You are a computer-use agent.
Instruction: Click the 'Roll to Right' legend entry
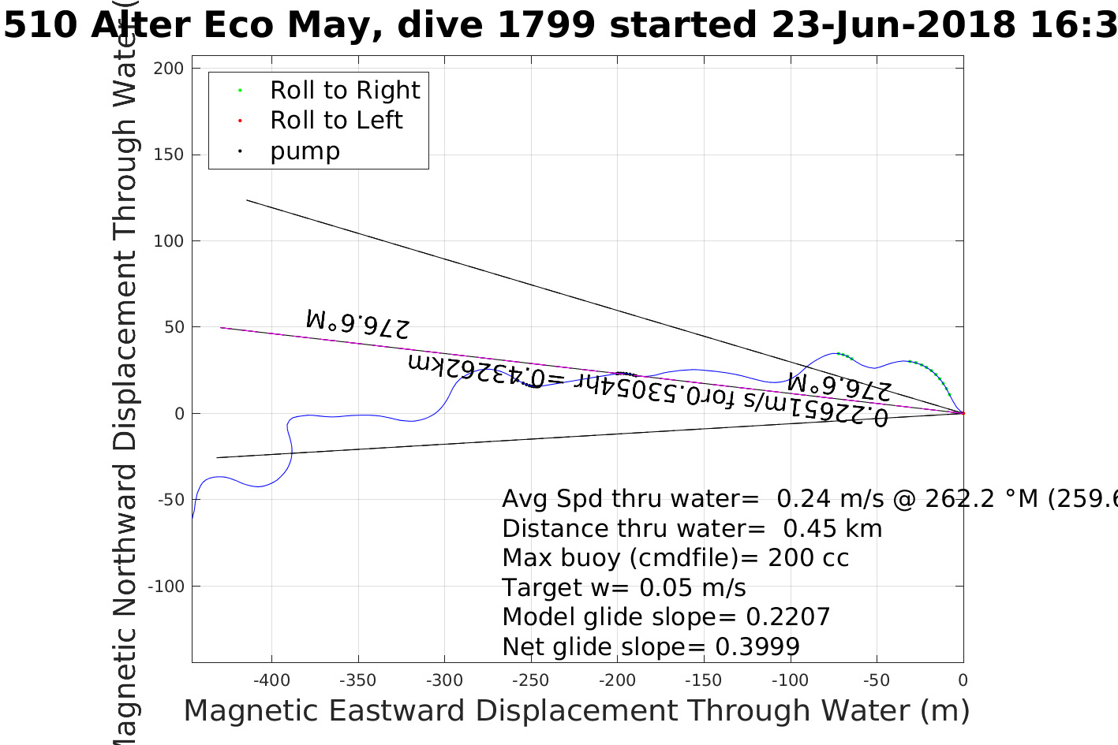(345, 91)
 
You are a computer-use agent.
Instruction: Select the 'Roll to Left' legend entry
(336, 121)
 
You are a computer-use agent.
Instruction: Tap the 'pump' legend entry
(305, 151)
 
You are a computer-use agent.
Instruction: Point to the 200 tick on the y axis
(169, 69)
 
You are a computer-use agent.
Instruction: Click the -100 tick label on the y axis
(165, 587)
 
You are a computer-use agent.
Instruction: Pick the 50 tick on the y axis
(174, 327)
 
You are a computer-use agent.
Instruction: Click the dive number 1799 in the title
(546, 25)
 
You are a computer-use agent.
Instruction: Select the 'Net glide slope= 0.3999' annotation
(651, 647)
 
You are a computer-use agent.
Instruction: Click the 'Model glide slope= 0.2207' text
(666, 617)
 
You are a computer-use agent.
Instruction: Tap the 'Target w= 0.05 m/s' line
(623, 588)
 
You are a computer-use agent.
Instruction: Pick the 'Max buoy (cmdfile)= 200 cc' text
(675, 558)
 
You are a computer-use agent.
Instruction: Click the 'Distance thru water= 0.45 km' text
(692, 529)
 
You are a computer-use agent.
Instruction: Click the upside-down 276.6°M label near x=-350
(357, 323)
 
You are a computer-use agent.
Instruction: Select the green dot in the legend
(240, 91)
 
